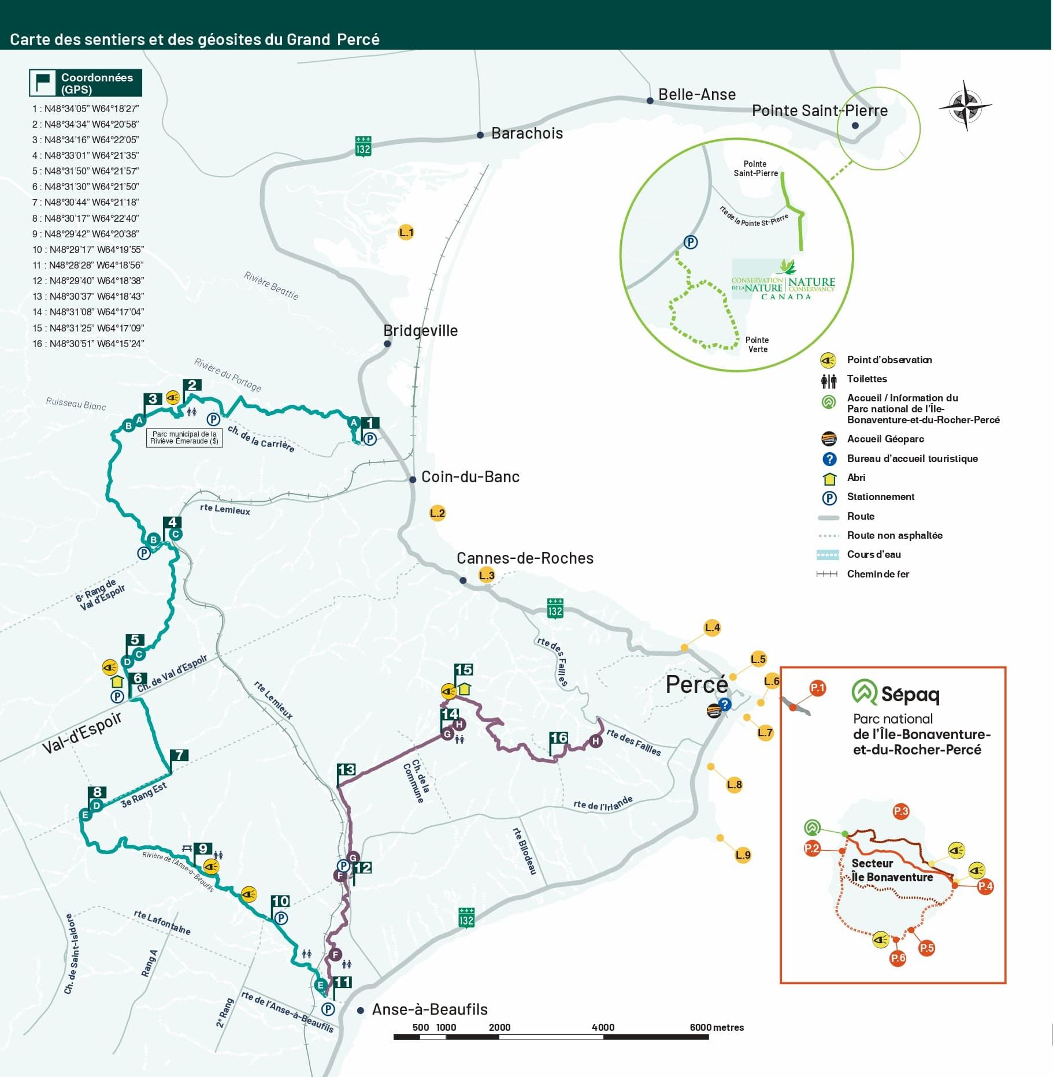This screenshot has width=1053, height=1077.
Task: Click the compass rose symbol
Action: point(965,106)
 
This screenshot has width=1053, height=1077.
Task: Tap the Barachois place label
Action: point(526,133)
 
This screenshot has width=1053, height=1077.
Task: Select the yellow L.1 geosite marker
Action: point(406,233)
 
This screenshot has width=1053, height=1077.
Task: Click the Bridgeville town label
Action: point(420,331)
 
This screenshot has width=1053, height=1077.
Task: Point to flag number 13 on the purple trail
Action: point(346,770)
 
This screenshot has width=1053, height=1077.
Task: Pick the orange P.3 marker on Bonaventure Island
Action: point(901,811)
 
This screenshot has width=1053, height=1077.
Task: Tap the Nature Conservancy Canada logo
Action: point(784,281)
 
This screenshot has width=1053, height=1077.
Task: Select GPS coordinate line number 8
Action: point(86,218)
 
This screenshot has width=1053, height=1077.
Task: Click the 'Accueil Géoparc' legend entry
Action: point(885,439)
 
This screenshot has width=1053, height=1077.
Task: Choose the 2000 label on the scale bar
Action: point(499,1027)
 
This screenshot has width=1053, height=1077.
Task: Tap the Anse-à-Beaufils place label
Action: point(429,1009)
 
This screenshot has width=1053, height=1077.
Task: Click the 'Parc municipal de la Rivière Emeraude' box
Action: point(184,438)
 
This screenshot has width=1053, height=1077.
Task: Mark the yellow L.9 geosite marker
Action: point(743,855)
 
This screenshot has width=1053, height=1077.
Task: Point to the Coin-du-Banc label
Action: point(470,477)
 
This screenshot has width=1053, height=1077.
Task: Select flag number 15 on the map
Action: point(464,670)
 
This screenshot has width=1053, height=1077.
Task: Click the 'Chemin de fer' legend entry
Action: point(877,574)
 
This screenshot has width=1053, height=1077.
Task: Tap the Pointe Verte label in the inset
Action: point(757,345)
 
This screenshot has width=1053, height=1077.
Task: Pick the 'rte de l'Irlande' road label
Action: point(603,803)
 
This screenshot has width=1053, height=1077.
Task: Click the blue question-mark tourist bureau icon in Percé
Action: point(725,705)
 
